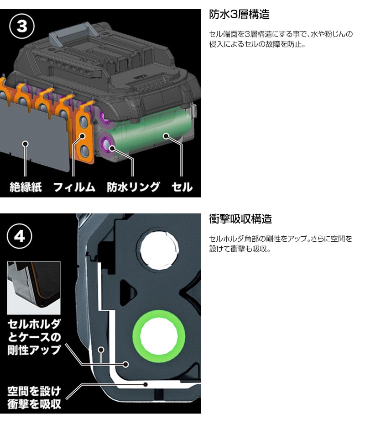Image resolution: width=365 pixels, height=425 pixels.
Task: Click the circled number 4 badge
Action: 19,237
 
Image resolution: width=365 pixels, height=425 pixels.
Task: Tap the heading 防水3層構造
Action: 239,14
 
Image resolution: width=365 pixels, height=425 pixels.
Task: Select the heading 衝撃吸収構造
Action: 240,219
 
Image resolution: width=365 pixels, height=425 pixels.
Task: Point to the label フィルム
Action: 74,187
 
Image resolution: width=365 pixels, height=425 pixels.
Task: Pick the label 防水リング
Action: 133,187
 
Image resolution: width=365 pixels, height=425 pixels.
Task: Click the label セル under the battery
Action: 182,187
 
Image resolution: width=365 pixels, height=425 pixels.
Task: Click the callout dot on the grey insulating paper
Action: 25,143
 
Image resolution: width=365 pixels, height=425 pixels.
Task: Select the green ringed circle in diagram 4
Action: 158,337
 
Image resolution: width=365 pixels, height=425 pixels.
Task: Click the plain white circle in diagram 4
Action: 158,249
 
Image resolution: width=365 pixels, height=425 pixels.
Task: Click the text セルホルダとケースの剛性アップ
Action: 34,337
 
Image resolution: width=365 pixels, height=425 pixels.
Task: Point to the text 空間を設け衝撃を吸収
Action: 34,398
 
